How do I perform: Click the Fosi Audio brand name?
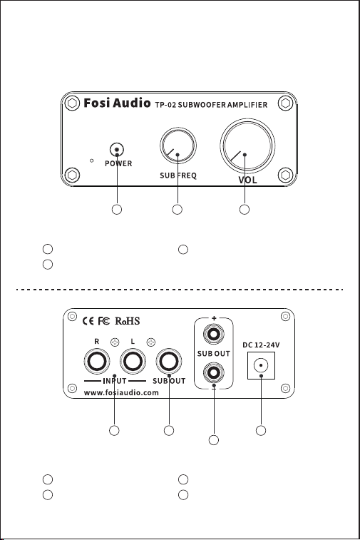point(117,103)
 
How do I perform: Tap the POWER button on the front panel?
point(117,150)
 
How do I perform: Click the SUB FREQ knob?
point(178,145)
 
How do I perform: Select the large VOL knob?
point(247,146)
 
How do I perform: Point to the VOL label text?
point(247,180)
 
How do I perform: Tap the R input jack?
point(97,361)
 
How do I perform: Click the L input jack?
point(133,361)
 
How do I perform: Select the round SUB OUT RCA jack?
point(169,361)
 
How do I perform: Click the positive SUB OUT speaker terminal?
point(214,334)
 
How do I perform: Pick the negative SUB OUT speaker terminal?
point(214,372)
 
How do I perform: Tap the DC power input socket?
point(261,365)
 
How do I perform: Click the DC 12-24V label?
point(261,345)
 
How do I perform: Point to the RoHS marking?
point(128,321)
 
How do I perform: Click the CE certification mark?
point(88,321)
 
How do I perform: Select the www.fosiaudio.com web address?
point(121,392)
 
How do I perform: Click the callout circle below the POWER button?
point(117,210)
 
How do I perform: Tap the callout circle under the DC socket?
point(261,430)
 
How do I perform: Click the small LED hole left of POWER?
point(91,161)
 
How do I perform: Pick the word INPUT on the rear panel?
point(115,381)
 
